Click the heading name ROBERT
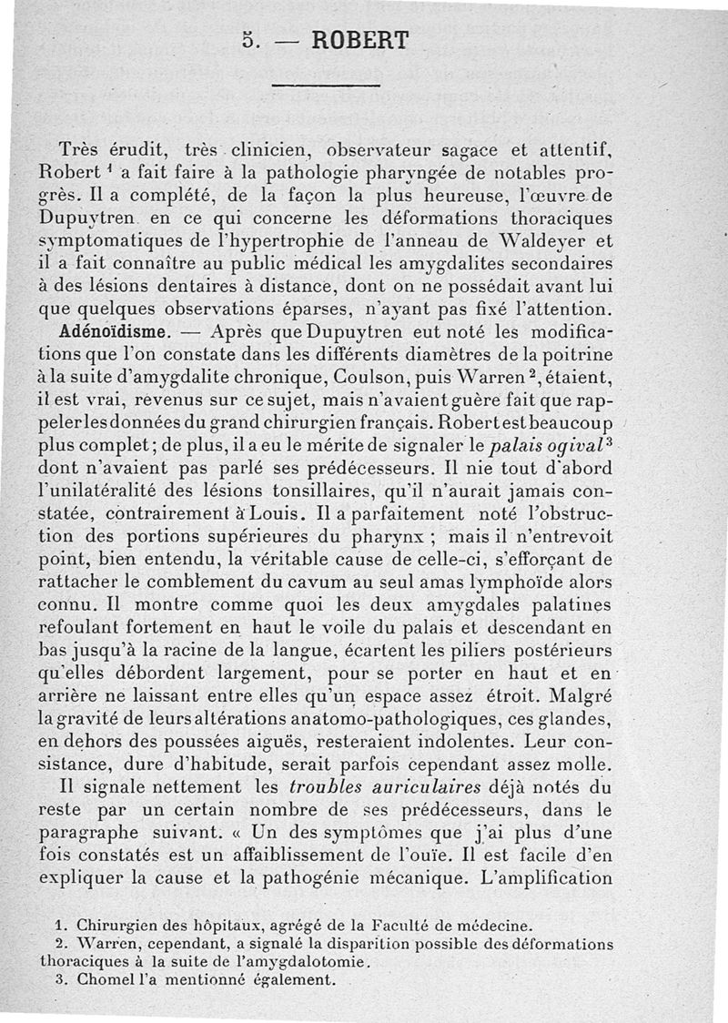360,40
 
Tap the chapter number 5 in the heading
249,40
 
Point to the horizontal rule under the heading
325,86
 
